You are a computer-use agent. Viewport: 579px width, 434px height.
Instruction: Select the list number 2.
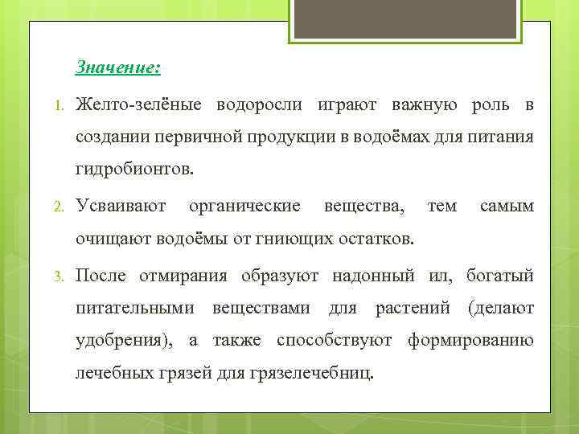pyautogui.click(x=59, y=207)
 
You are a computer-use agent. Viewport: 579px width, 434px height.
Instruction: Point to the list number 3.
pyautogui.click(x=59, y=277)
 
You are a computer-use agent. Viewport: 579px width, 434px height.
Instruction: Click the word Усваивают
pyautogui.click(x=121, y=207)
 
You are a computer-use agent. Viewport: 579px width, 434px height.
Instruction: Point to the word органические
pyautogui.click(x=244, y=207)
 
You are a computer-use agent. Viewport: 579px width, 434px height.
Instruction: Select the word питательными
pyautogui.click(x=134, y=308)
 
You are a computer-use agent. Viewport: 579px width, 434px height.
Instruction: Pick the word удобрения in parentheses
pyautogui.click(x=123, y=340)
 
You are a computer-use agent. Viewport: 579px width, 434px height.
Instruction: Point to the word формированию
pyautogui.click(x=470, y=340)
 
